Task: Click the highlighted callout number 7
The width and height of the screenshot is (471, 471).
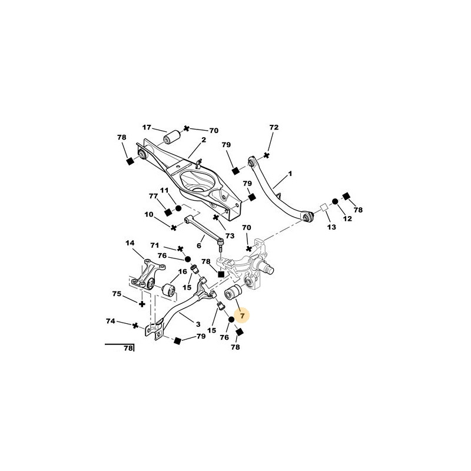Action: pyautogui.click(x=243, y=316)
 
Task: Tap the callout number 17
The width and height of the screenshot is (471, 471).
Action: pyautogui.click(x=147, y=127)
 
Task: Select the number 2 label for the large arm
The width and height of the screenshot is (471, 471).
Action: pyautogui.click(x=204, y=140)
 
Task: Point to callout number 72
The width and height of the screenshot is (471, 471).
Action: pyautogui.click(x=274, y=127)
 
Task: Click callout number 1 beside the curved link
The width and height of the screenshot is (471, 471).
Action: pyautogui.click(x=290, y=174)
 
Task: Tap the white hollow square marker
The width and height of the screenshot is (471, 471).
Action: pyautogui.click(x=324, y=207)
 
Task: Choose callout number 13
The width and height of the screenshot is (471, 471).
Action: pyautogui.click(x=331, y=227)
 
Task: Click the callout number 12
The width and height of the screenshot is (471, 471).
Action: pyautogui.click(x=347, y=218)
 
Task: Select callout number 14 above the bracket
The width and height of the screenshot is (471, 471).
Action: pyautogui.click(x=130, y=243)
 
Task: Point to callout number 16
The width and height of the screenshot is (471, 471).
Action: pyautogui.click(x=183, y=272)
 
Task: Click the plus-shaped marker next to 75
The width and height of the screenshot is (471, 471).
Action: pyautogui.click(x=142, y=304)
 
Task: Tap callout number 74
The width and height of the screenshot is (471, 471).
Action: pyautogui.click(x=111, y=321)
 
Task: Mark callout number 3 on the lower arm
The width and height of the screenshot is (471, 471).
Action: pyautogui.click(x=198, y=324)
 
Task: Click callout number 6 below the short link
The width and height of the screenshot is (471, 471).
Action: pyautogui.click(x=199, y=246)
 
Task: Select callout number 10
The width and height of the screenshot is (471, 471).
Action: pyautogui.click(x=149, y=214)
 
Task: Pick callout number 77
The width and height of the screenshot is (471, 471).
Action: pyautogui.click(x=153, y=196)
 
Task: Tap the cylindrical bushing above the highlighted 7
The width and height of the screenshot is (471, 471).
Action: pyautogui.click(x=233, y=292)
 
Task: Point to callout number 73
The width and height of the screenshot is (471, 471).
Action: pyautogui.click(x=230, y=236)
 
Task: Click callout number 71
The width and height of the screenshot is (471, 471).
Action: pyautogui.click(x=155, y=246)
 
